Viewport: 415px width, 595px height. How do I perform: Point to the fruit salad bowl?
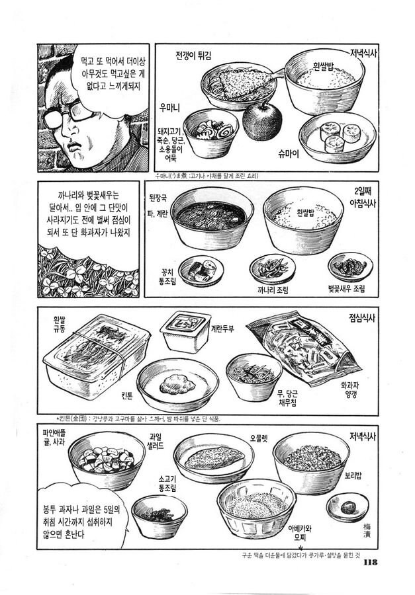click(106, 460)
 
